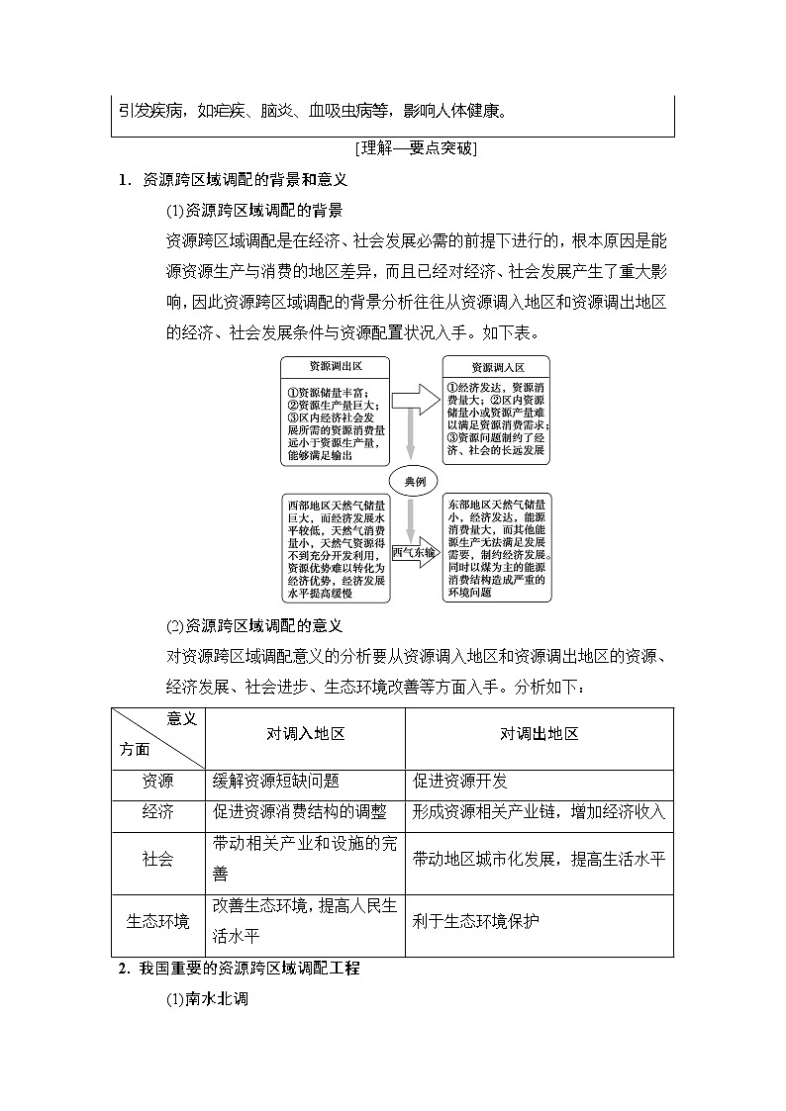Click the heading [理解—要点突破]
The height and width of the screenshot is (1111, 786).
click(415, 149)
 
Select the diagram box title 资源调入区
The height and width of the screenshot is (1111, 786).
click(497, 367)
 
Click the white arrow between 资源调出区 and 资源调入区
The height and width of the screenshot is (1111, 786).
click(415, 401)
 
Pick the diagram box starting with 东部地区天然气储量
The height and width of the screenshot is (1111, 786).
click(497, 548)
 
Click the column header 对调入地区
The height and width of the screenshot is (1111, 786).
click(305, 734)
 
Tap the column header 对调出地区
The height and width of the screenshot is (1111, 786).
click(539, 734)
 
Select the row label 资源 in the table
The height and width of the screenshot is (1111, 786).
click(158, 781)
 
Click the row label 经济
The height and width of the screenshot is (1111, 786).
click(158, 812)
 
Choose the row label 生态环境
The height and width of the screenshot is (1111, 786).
click(158, 921)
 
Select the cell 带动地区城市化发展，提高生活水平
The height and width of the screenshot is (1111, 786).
click(539, 858)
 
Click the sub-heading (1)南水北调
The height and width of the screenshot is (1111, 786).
click(206, 999)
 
